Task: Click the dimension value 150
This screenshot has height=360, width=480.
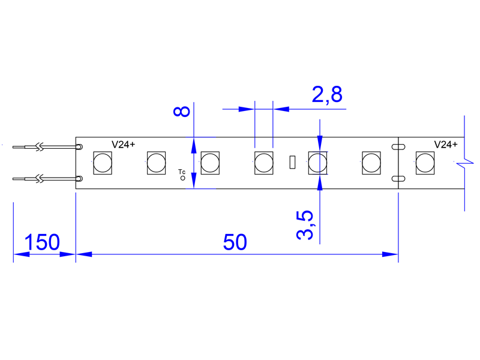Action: pyautogui.click(x=42, y=242)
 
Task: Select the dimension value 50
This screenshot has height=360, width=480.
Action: pyautogui.click(x=235, y=242)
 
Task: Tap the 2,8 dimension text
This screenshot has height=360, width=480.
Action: pyautogui.click(x=327, y=94)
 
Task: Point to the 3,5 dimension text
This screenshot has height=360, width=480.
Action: pyautogui.click(x=305, y=225)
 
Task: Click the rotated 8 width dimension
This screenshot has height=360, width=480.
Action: pyautogui.click(x=182, y=112)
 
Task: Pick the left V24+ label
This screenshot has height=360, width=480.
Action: pyautogui.click(x=124, y=145)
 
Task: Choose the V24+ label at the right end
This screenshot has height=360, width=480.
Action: pyautogui.click(x=446, y=145)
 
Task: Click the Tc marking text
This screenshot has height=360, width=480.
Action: pyautogui.click(x=182, y=172)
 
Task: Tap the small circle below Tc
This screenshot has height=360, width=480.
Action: pyautogui.click(x=183, y=178)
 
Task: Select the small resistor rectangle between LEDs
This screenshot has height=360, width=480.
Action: pyautogui.click(x=292, y=162)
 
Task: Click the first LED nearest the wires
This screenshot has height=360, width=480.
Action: pyautogui.click(x=103, y=163)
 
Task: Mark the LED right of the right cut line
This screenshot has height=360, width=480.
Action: pyautogui.click(x=425, y=163)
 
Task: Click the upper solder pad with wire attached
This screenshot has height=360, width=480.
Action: pyautogui.click(x=79, y=147)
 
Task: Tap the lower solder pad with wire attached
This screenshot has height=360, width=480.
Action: pyautogui.click(x=79, y=179)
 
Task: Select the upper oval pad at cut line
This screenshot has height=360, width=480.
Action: pyautogui.click(x=398, y=147)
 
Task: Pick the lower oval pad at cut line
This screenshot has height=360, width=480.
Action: pyautogui.click(x=398, y=179)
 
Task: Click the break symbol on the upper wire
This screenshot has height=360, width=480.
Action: pyautogui.click(x=40, y=147)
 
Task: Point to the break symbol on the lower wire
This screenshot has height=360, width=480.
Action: pyautogui.click(x=40, y=179)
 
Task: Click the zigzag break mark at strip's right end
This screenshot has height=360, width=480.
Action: pyautogui.click(x=464, y=163)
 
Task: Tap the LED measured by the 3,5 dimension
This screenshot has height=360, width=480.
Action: pyautogui.click(x=317, y=163)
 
